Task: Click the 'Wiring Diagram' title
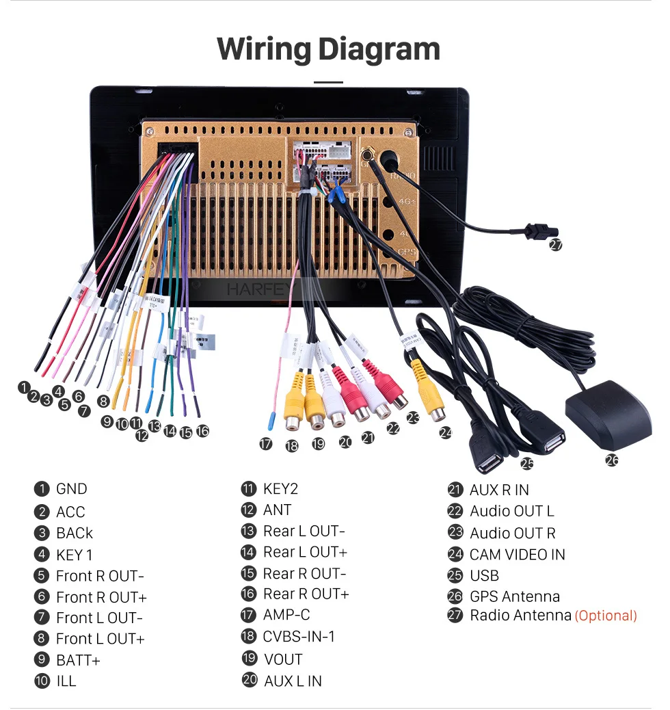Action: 328,49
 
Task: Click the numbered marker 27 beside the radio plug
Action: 556,245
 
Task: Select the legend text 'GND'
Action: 72,489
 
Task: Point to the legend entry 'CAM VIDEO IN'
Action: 517,554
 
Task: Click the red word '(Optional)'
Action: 606,616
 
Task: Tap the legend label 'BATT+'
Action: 78,660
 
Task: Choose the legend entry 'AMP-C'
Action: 286,615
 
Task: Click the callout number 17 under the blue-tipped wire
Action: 266,444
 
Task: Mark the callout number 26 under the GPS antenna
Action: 612,460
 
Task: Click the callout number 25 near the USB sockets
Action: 526,463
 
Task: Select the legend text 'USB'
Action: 484,575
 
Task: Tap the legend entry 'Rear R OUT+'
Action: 306,594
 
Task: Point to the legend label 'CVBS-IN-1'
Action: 299,637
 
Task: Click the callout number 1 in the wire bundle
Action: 24,387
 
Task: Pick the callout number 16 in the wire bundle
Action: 202,431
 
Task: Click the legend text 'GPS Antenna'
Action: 514,596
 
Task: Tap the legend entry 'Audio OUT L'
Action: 511,511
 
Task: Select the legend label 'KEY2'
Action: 280,489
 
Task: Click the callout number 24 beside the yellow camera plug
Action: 446,432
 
